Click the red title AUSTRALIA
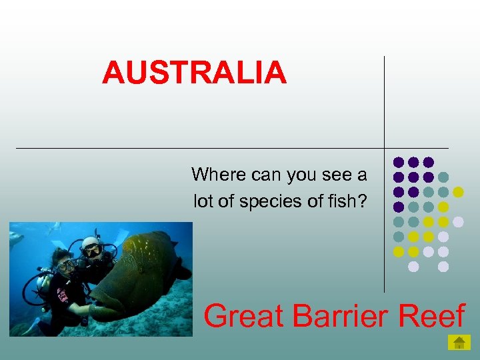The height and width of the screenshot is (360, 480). (194, 72)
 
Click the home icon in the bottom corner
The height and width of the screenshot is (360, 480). (459, 343)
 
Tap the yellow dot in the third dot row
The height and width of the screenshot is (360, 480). (458, 192)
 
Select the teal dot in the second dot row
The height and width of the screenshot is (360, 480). (443, 177)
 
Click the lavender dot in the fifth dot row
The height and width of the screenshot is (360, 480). (458, 221)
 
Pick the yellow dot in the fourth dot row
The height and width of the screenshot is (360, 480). (443, 207)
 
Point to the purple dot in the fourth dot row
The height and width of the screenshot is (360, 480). (399, 207)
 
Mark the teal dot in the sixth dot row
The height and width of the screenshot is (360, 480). (399, 237)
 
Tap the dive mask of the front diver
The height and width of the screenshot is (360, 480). (65, 265)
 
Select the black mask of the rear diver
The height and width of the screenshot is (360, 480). (93, 251)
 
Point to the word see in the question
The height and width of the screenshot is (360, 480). (339, 175)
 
